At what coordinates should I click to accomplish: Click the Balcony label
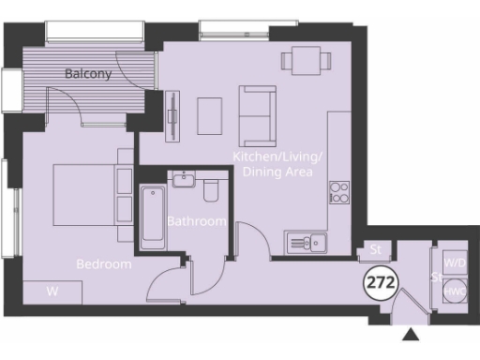pos(89,73)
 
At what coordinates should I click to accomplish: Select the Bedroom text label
pos(104,264)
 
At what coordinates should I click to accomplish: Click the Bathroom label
pos(197,221)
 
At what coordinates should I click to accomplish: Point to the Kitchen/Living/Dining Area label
pos(281,164)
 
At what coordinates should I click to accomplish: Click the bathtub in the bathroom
pos(152,217)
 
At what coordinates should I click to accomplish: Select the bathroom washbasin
pos(183,179)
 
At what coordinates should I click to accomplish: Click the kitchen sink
pos(307,244)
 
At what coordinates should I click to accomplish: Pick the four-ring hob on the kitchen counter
pos(338,193)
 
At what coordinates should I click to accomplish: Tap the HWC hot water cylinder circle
pos(456,292)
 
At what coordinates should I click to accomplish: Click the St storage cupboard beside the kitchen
pos(376,250)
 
